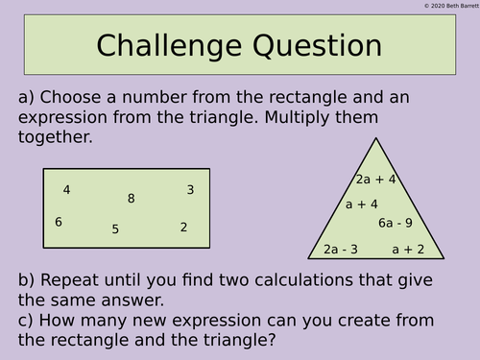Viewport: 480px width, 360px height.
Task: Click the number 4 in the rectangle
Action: tap(66, 190)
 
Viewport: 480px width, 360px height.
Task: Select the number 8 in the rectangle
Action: tap(131, 199)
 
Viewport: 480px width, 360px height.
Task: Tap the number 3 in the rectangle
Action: tap(190, 190)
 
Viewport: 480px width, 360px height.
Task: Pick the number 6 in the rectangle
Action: tap(59, 222)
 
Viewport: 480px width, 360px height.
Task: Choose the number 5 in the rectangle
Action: tap(115, 229)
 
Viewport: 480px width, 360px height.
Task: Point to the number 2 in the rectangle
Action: tap(183, 228)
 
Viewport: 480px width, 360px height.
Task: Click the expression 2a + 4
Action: tap(375, 179)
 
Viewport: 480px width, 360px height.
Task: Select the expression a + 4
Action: tap(362, 204)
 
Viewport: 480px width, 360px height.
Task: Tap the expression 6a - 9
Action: tap(395, 224)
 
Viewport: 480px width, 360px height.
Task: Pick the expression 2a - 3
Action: tap(341, 250)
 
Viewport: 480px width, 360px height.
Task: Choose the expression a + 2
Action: tap(408, 250)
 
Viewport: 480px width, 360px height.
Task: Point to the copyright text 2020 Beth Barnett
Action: tap(450, 6)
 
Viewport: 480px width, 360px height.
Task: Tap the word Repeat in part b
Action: tap(71, 280)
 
